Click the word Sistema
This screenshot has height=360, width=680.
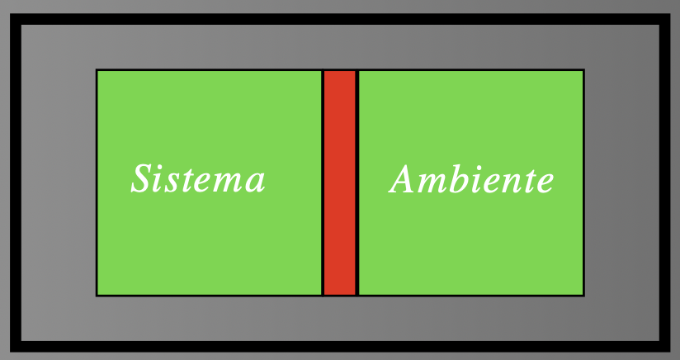198,179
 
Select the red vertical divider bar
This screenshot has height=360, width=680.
339,182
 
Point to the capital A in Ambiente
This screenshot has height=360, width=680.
404,179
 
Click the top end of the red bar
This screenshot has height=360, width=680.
339,73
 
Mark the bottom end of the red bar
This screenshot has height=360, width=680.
339,292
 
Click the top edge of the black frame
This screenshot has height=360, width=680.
339,19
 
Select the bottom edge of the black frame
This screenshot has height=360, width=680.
339,346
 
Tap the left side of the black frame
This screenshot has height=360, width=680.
16,182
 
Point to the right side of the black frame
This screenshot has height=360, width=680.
664,182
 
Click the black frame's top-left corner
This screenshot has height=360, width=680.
16,19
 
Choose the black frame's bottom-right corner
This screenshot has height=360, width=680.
664,346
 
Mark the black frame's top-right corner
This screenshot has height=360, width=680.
664,19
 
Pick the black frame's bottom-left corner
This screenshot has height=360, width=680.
16,346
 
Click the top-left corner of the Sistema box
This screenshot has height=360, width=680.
97,70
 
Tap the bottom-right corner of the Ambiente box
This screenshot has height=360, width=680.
583,295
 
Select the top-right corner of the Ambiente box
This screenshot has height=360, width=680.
583,70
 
